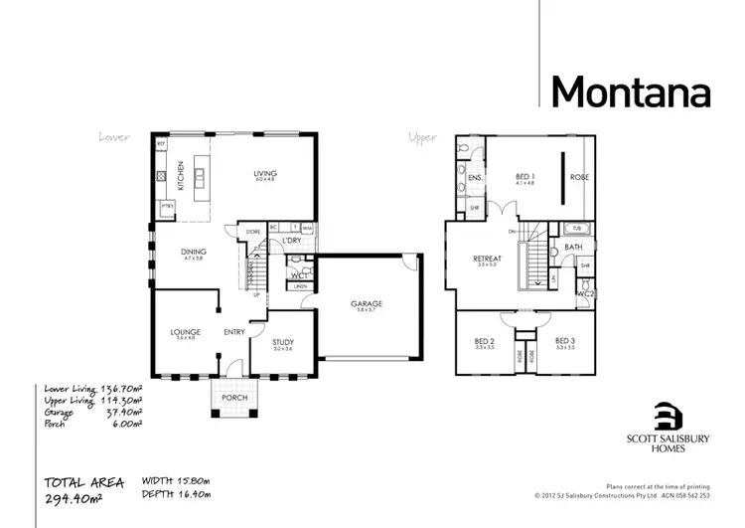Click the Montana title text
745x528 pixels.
click(631, 91)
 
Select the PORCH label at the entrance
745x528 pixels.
click(234, 397)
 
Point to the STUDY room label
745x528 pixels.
click(282, 342)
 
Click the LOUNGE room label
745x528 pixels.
click(185, 332)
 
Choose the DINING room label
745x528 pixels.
click(193, 252)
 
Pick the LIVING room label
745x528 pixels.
click(265, 173)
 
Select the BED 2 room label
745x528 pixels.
click(484, 341)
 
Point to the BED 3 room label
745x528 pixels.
click(565, 341)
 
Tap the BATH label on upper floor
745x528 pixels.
click(573, 247)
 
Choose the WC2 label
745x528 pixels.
click(586, 294)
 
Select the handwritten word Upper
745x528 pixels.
click(422, 137)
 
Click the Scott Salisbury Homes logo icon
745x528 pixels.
click(669, 415)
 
